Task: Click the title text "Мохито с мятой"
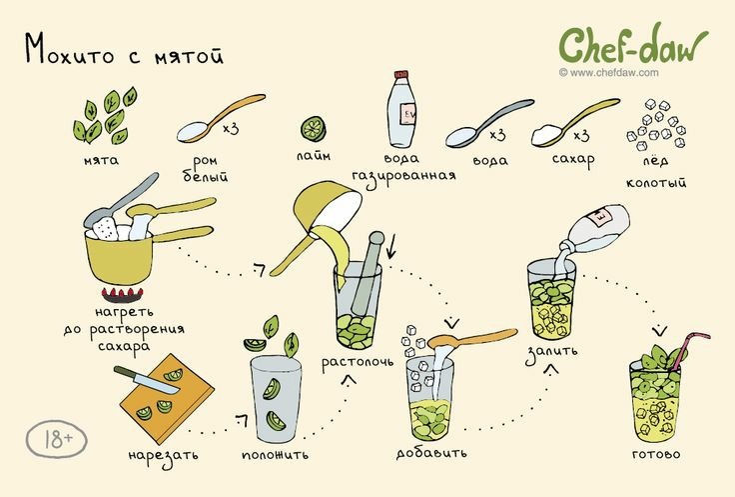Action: point(124,49)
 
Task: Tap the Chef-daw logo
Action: point(631,44)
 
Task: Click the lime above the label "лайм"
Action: point(314,129)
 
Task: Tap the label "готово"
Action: point(656,455)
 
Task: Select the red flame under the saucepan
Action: point(122,293)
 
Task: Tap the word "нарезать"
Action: point(163,456)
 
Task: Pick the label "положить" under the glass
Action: point(273,455)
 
